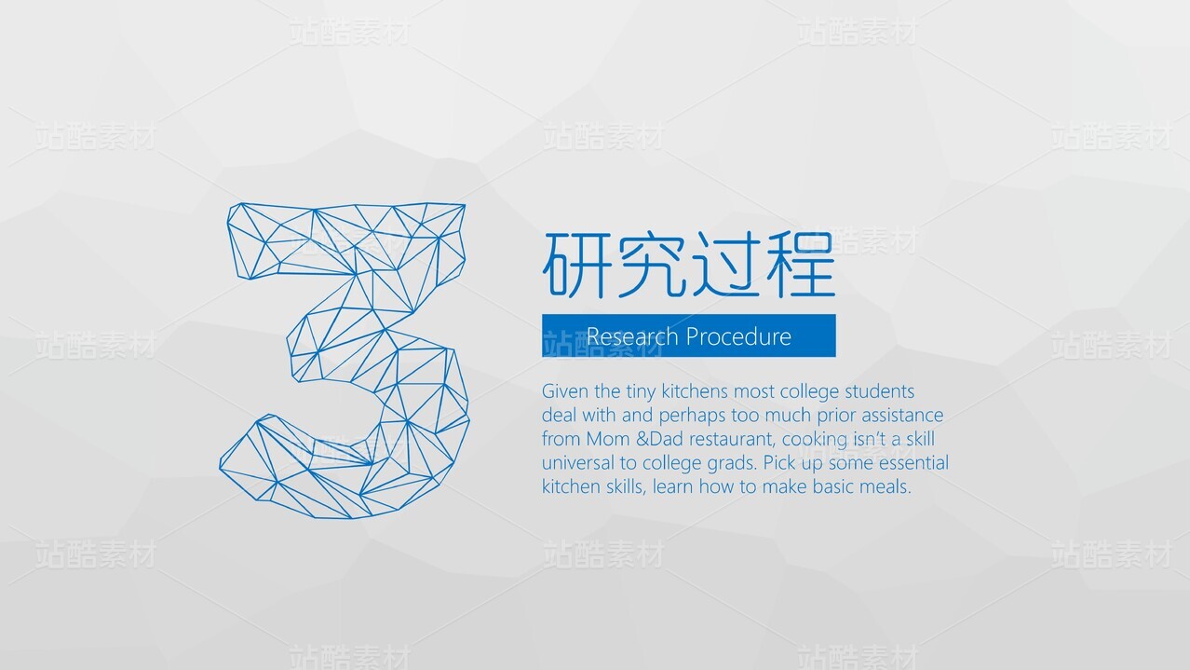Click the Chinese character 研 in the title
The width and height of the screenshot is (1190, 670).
coord(575,265)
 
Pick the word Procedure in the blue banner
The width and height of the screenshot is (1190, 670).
coord(738,336)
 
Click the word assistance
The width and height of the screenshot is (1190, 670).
coord(898,416)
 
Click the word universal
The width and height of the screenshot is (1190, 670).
coord(578,463)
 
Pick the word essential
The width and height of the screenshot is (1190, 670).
coord(913,463)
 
